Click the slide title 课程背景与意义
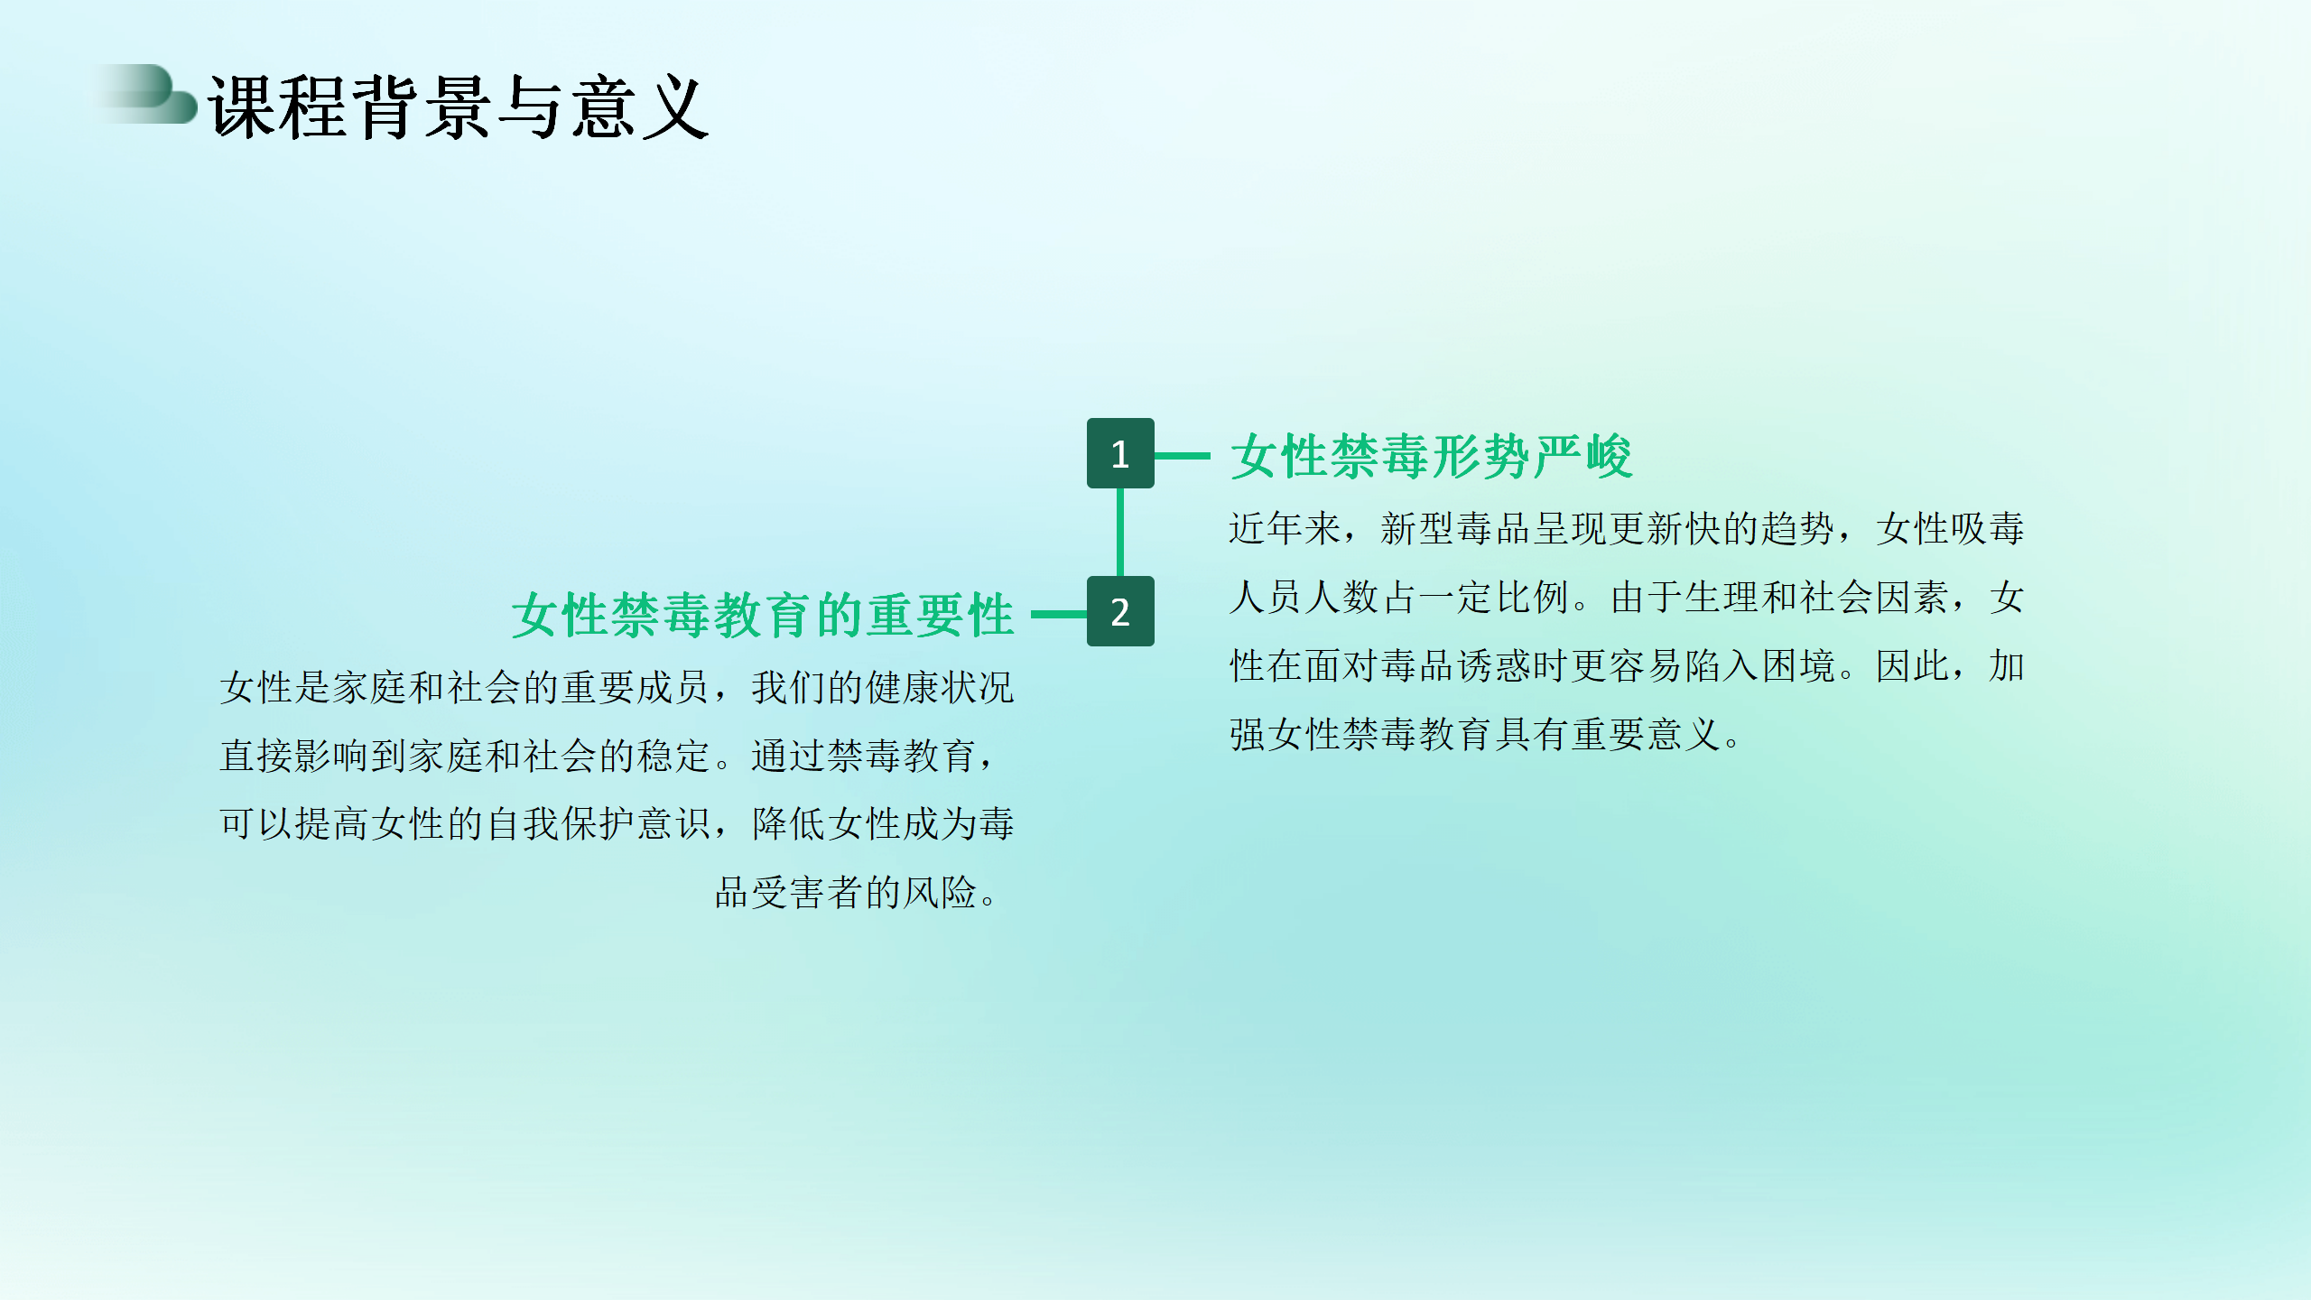tap(459, 107)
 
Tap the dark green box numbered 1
tap(1120, 453)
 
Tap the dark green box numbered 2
tap(1120, 611)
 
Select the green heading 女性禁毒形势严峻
tap(1432, 457)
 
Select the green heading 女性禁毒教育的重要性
tap(763, 616)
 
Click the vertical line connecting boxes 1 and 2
tap(1120, 533)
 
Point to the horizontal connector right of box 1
tap(1183, 456)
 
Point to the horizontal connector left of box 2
tap(1059, 615)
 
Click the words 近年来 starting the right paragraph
tap(1285, 529)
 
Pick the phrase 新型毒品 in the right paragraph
tap(1456, 529)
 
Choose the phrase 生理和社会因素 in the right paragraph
tap(1816, 598)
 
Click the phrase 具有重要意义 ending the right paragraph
tap(1609, 735)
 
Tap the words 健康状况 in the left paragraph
tap(940, 688)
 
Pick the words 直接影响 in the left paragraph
tap(295, 757)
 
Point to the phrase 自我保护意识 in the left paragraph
tap(599, 824)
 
